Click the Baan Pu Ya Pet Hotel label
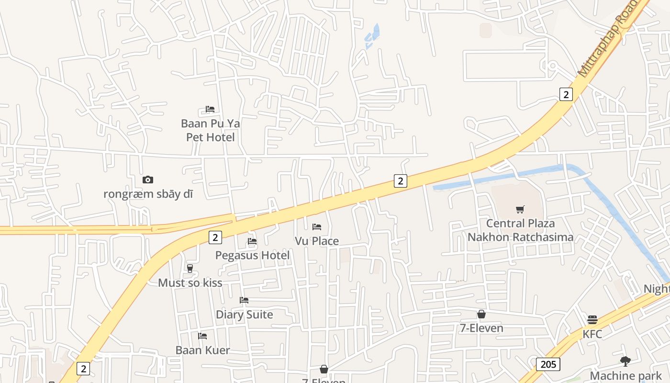click(x=211, y=130)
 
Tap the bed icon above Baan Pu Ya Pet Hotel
click(x=210, y=109)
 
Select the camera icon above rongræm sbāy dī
click(x=148, y=180)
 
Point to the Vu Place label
click(x=317, y=241)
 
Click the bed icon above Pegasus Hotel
click(x=252, y=241)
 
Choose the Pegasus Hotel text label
click(x=252, y=255)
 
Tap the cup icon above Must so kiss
click(x=190, y=269)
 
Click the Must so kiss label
click(x=190, y=282)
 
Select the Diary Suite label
click(x=244, y=315)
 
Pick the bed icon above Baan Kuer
click(x=202, y=336)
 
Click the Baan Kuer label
click(x=202, y=350)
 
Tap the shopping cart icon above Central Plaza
click(x=520, y=209)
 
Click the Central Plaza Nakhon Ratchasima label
click(x=520, y=230)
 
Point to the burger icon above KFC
click(x=592, y=320)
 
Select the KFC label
click(x=592, y=334)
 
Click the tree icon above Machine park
click(x=625, y=361)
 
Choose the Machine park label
click(x=625, y=375)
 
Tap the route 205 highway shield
click(x=548, y=364)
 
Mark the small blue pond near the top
click(x=372, y=36)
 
